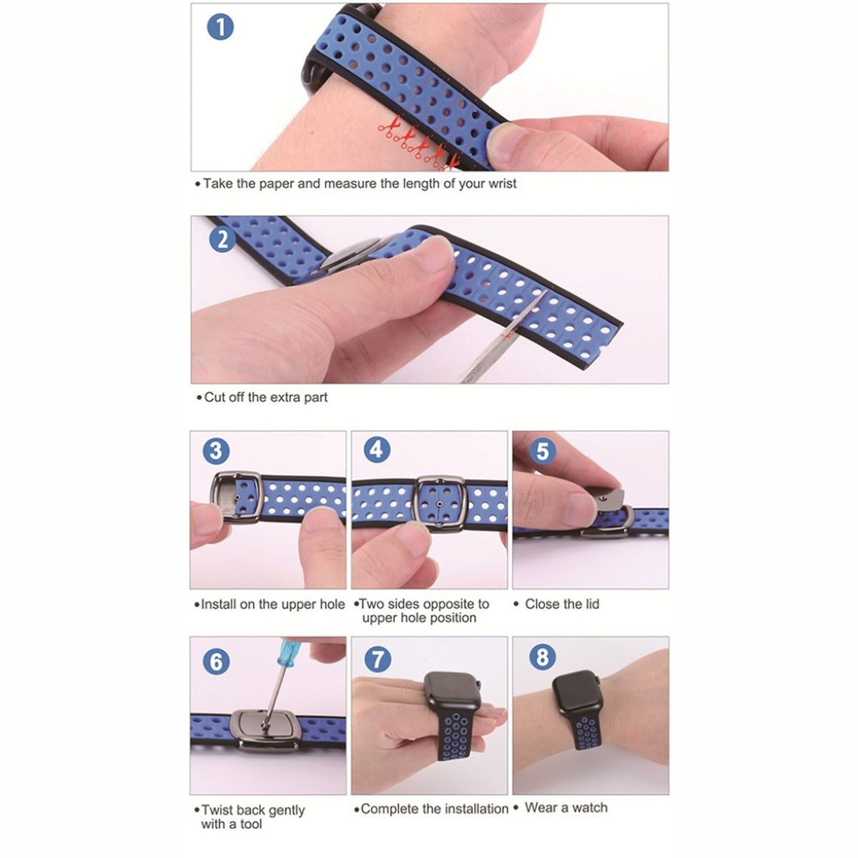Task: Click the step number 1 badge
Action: (220, 26)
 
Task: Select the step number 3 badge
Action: (216, 450)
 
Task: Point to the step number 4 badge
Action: (377, 450)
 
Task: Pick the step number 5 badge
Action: (542, 450)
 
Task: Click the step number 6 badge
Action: (216, 661)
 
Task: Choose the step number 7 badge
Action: (378, 659)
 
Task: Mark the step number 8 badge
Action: (542, 657)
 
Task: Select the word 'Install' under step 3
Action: (218, 604)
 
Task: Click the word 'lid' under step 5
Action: (592, 603)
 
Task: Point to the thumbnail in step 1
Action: (506, 142)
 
